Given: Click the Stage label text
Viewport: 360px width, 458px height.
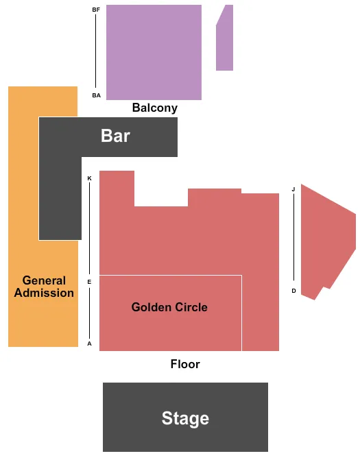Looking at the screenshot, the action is [x=185, y=418].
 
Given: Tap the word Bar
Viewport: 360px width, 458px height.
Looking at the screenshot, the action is [x=115, y=136].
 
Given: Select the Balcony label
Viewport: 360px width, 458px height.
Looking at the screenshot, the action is [x=154, y=108].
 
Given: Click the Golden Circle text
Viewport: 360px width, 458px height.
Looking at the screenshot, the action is [x=169, y=307].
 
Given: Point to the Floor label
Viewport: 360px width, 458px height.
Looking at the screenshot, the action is [x=185, y=364].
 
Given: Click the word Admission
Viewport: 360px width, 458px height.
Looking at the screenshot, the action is [x=44, y=293].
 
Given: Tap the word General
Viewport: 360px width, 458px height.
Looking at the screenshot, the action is [x=44, y=280].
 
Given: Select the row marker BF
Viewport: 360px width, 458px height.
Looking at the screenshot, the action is [x=96, y=10].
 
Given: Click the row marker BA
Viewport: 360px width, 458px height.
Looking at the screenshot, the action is [x=96, y=95].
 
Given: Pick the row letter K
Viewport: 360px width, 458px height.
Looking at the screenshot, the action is [x=89, y=178].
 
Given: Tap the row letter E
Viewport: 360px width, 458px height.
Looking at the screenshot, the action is [x=89, y=282].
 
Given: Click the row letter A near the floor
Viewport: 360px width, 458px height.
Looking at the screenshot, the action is [x=89, y=343].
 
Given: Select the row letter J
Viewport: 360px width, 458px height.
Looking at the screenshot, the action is [x=293, y=189].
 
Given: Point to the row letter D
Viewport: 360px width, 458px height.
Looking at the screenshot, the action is [x=293, y=291].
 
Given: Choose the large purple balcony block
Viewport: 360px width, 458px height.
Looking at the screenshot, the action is [x=154, y=52].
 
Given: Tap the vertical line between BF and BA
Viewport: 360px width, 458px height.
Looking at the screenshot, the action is [x=95, y=51].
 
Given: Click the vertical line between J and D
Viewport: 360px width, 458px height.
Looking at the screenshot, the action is [x=293, y=237].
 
